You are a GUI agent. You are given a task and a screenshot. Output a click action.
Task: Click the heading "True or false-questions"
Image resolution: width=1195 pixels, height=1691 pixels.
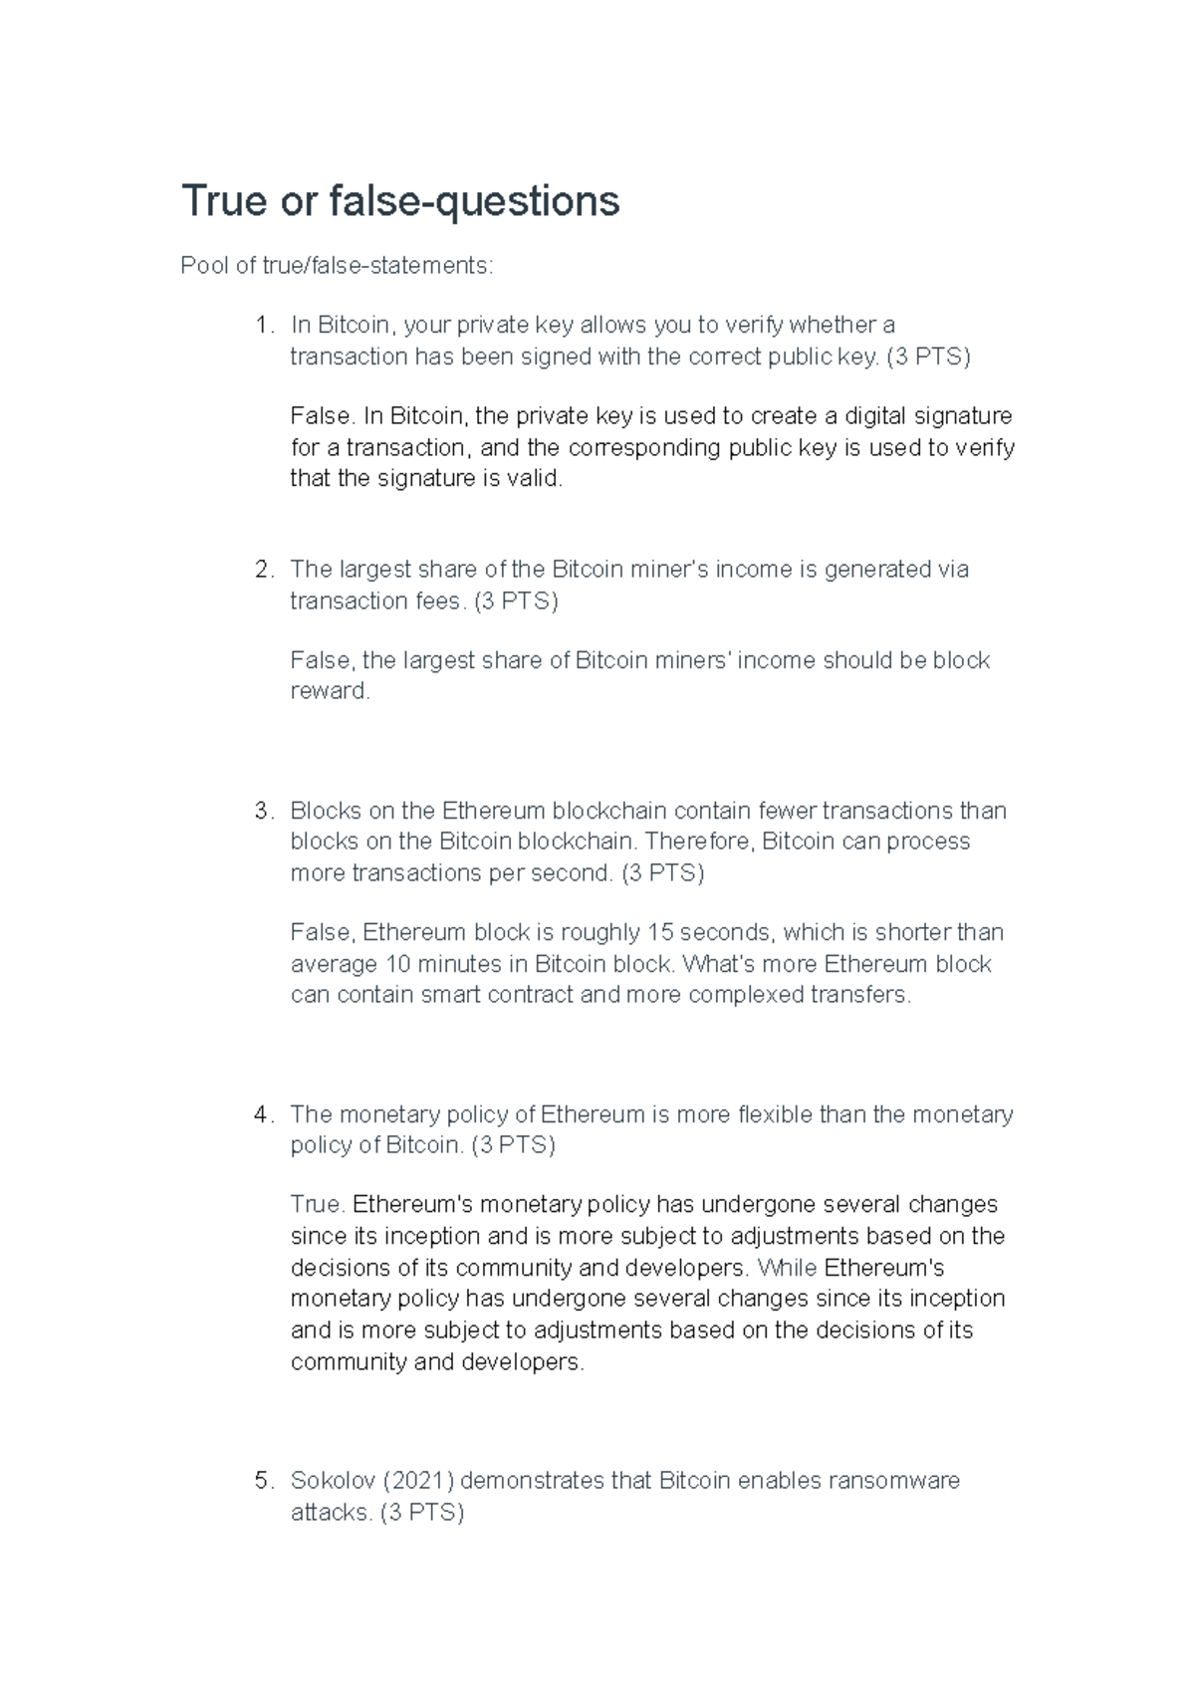tap(399, 201)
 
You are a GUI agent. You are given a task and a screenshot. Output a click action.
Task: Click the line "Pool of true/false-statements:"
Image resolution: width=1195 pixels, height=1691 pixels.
tap(336, 266)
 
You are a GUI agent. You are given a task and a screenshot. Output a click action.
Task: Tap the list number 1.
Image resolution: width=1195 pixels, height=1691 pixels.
tap(261, 326)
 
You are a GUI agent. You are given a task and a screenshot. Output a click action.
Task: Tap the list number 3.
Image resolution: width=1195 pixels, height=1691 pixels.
tap(261, 811)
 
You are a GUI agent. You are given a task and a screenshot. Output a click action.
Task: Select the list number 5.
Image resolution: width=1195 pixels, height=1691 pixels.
tap(261, 1481)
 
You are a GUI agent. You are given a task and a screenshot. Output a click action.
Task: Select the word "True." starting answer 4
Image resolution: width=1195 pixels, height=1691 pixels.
tap(318, 1205)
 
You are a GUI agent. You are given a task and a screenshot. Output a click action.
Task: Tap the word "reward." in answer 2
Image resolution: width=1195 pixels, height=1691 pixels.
tap(330, 692)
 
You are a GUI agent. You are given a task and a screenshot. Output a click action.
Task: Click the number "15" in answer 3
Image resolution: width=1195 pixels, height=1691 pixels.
tap(660, 933)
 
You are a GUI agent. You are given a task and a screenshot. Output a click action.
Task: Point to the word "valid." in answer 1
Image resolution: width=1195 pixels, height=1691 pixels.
tap(537, 479)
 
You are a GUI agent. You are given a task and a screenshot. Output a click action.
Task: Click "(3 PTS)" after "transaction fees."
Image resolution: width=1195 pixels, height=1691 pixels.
tap(516, 602)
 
